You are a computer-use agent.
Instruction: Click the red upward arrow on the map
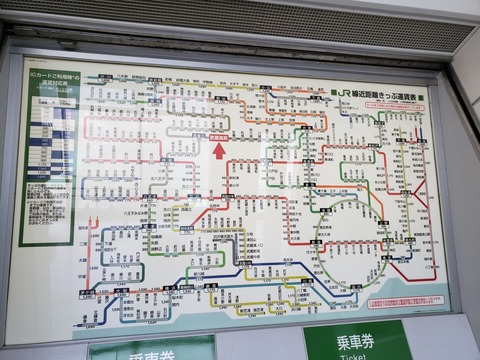pyautogui.click(x=220, y=151)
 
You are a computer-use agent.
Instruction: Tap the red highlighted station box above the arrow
pyautogui.click(x=220, y=137)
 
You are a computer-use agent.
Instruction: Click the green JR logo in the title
pyautogui.click(x=347, y=94)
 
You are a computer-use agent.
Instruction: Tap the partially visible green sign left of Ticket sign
pyautogui.click(x=150, y=349)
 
